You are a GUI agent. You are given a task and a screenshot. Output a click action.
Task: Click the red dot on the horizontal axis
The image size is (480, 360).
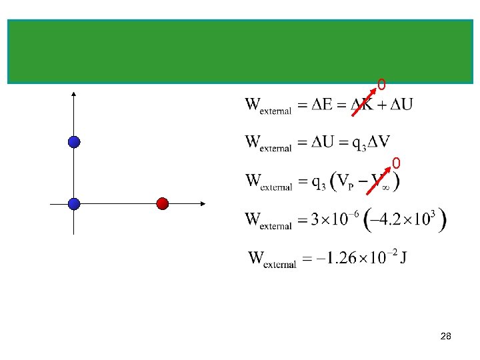click(162, 204)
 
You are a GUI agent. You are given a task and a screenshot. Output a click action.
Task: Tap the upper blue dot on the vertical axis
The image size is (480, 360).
click(74, 141)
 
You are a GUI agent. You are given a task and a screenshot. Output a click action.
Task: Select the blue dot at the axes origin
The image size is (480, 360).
click(74, 204)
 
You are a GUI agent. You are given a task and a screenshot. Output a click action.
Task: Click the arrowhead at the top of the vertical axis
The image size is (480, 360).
click(73, 95)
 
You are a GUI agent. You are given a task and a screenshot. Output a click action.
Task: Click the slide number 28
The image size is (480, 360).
click(446, 337)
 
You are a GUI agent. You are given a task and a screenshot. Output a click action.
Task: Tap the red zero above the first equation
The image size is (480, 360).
click(381, 85)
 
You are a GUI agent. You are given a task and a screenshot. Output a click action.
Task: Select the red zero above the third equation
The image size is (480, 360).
click(396, 163)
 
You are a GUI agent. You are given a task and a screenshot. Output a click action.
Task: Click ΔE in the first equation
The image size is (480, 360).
click(323, 105)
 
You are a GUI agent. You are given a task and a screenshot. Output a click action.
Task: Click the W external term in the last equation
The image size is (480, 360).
click(272, 259)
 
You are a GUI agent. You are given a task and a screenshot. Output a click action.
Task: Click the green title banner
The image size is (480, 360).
click(240, 51)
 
